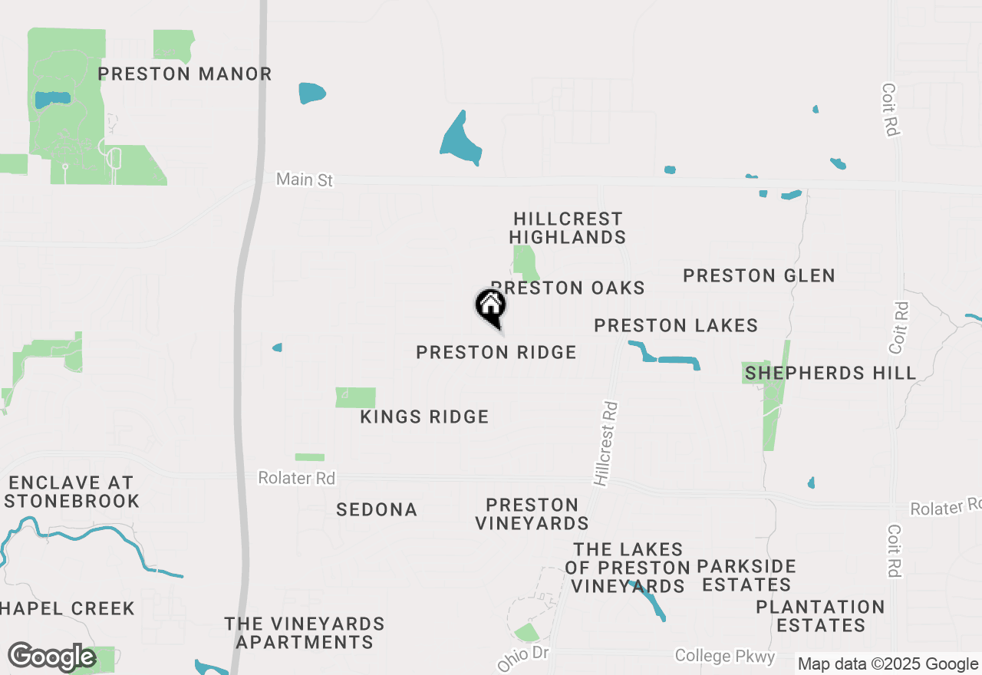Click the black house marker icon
coord(491,307)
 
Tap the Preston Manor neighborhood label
coord(185,74)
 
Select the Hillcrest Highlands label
coord(568,229)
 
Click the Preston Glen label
coord(759,275)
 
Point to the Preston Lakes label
coord(676,326)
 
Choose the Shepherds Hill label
coord(831,374)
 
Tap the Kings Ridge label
coord(424,417)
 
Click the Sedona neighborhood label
coord(377,510)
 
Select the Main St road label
coord(305,179)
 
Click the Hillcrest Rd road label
coord(606,443)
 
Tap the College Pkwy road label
coord(725,656)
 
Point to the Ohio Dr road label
coord(523,657)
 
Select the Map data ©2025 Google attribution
coord(888,664)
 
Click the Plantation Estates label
coord(820,616)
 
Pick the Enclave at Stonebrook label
coord(74,492)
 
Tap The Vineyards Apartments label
coord(305,633)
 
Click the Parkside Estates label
coord(746,575)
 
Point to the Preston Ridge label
coord(496,353)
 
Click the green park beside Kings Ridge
coord(355,397)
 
